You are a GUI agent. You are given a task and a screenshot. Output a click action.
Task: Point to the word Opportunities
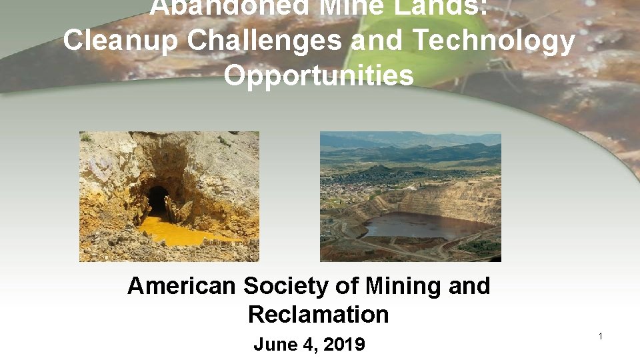tap(319, 75)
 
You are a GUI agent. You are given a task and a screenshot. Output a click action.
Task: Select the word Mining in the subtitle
tap(397, 286)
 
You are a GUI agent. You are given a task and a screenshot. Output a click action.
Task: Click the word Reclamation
tap(318, 314)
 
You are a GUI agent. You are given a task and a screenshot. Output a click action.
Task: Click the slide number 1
tap(600, 337)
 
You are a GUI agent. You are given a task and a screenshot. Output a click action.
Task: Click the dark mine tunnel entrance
tap(158, 199)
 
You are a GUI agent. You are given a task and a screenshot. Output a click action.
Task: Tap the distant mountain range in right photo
tap(413, 143)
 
